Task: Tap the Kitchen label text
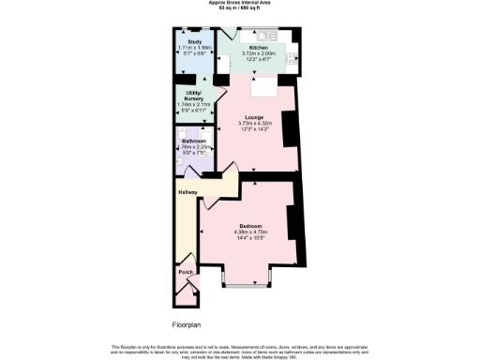coord(258,47)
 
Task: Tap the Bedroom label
coord(248,226)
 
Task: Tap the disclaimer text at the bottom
coord(239,350)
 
